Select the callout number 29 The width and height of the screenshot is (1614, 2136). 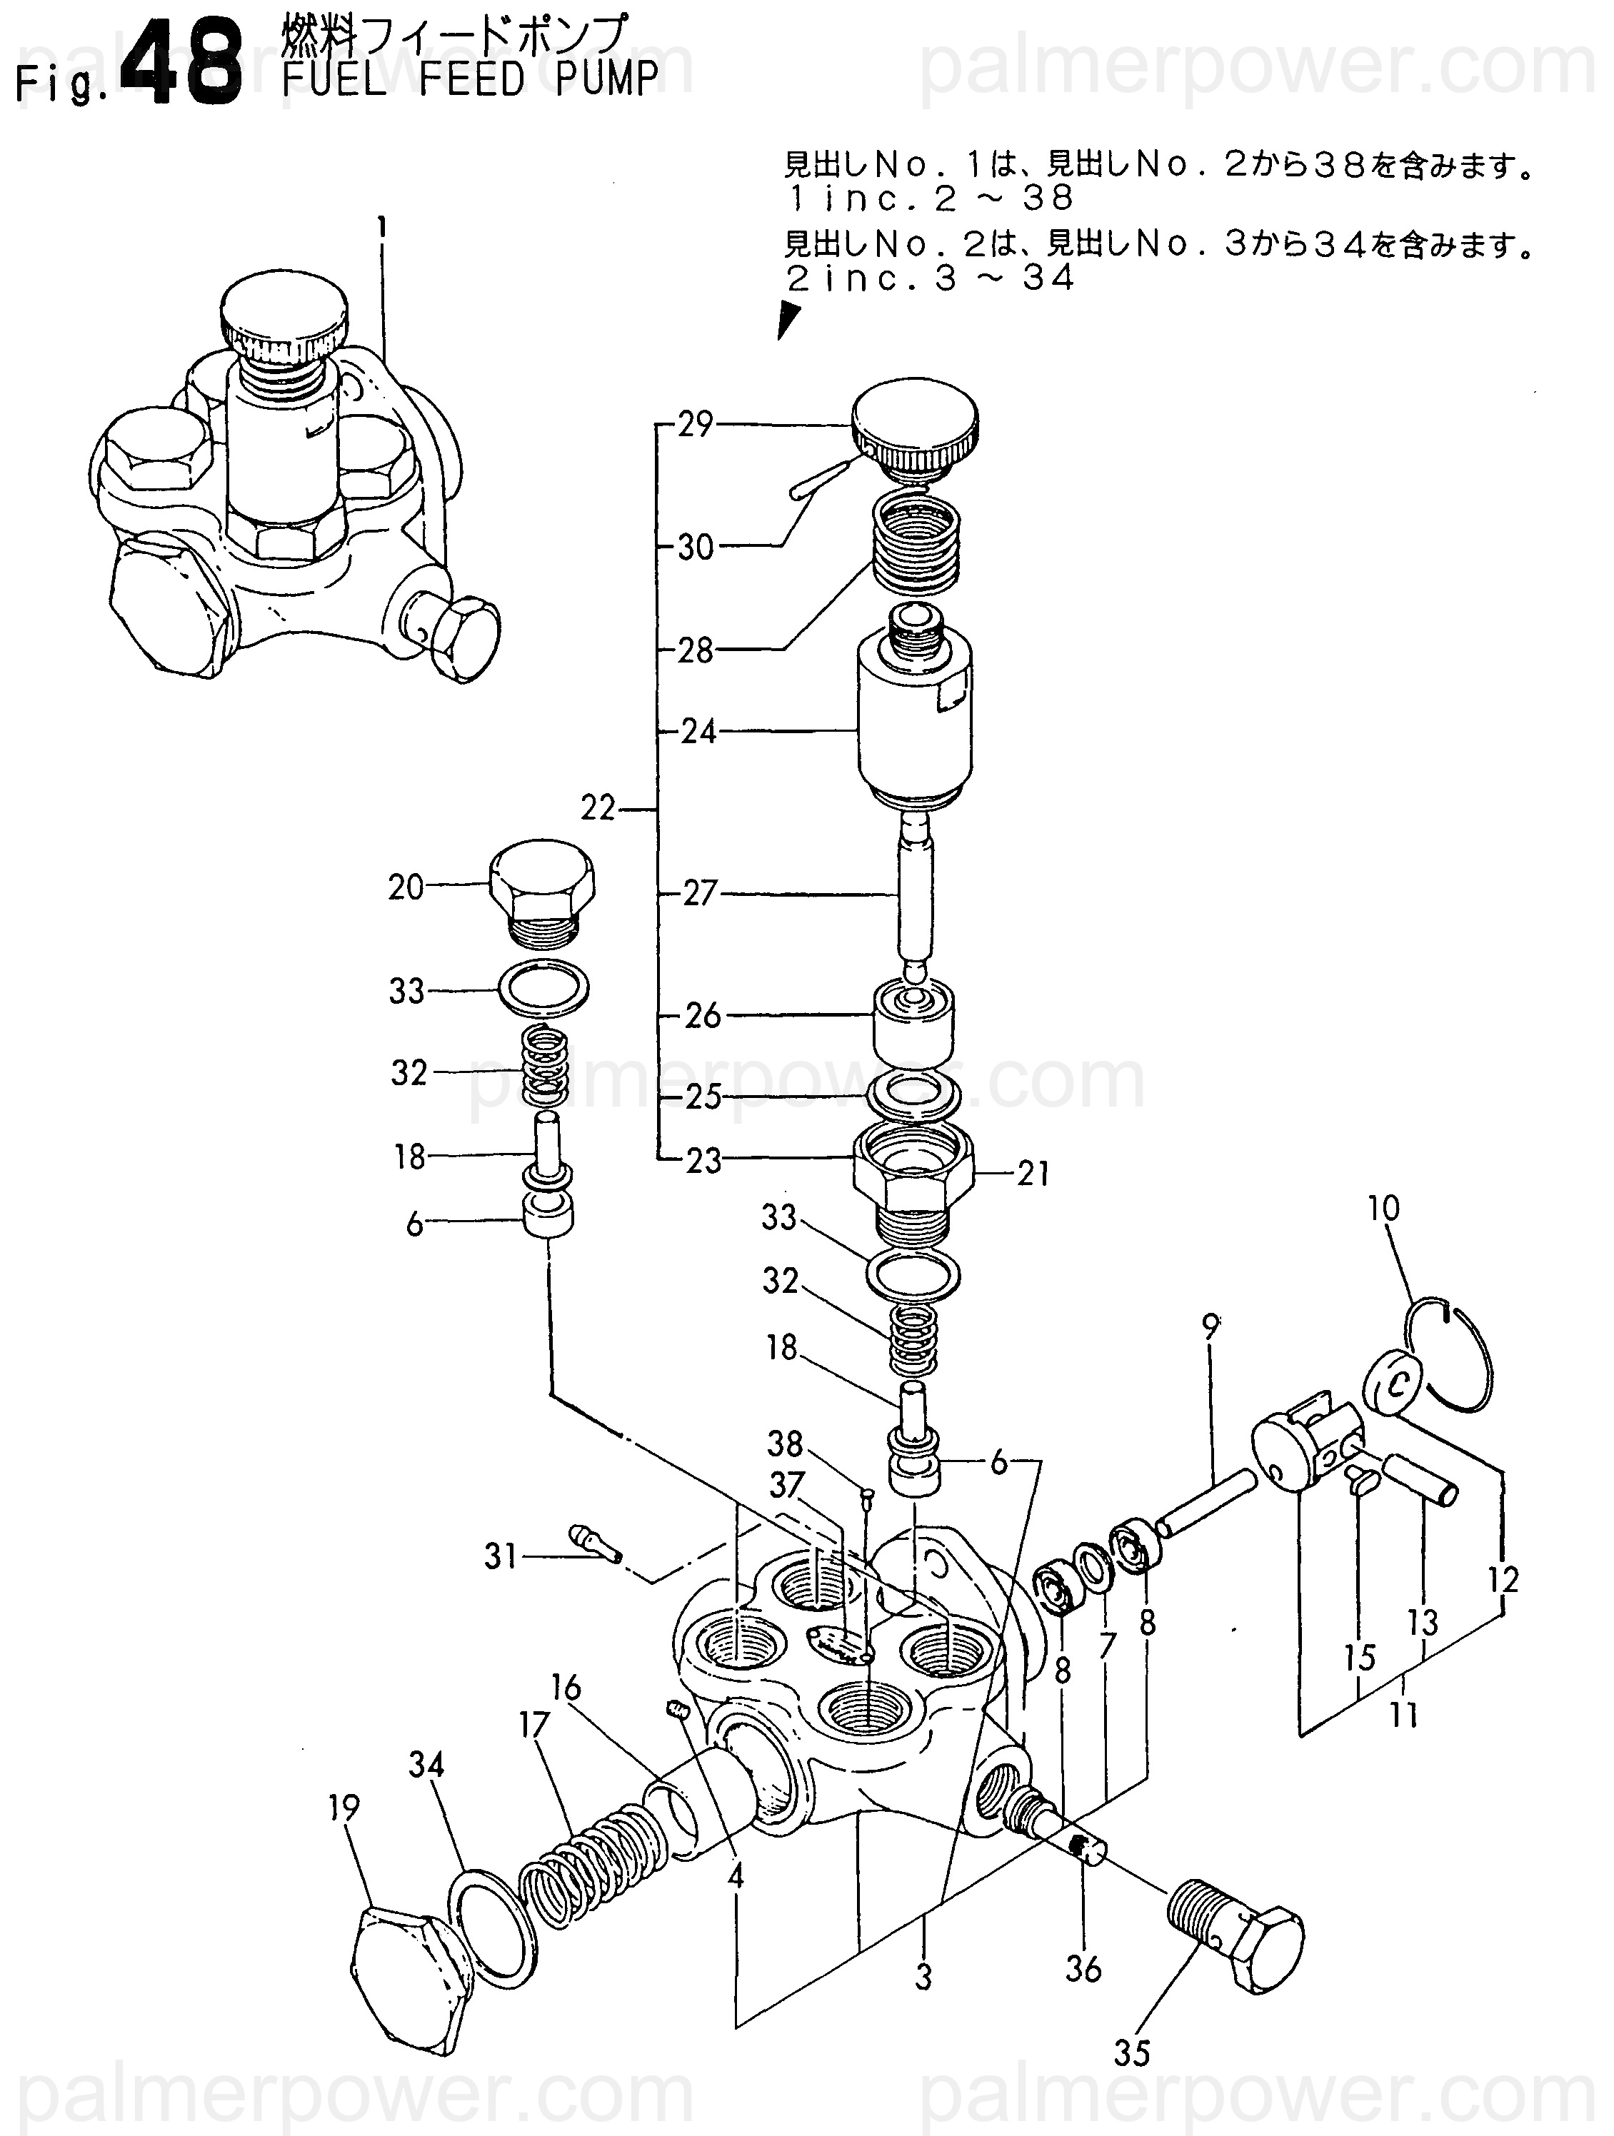pyautogui.click(x=694, y=424)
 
